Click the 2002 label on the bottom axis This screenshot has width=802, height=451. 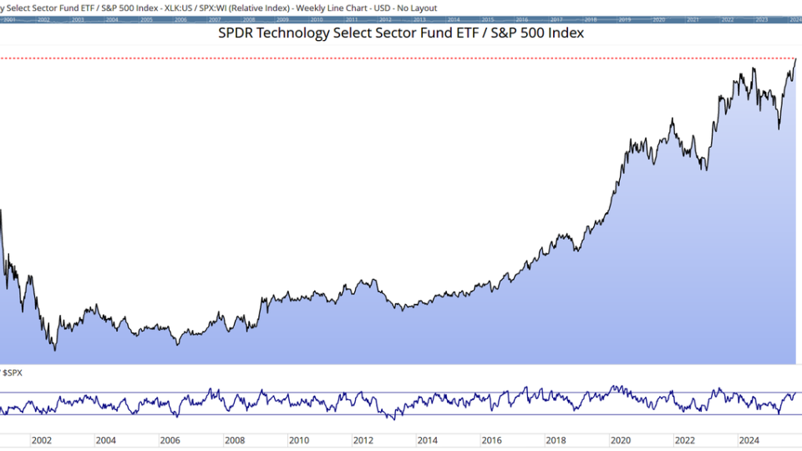click(41, 440)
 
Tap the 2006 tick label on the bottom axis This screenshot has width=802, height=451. click(170, 440)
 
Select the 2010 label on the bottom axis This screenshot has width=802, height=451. click(298, 440)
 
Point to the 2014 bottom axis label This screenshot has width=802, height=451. click(427, 440)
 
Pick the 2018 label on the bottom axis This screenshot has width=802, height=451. click(556, 440)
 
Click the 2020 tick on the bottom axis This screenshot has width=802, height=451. click(620, 440)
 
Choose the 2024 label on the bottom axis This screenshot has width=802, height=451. click(749, 440)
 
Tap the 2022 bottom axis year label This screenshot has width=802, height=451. click(684, 440)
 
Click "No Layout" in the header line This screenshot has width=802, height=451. click(418, 8)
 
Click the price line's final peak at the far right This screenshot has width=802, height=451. click(795, 59)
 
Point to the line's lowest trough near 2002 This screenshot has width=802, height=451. click(55, 349)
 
